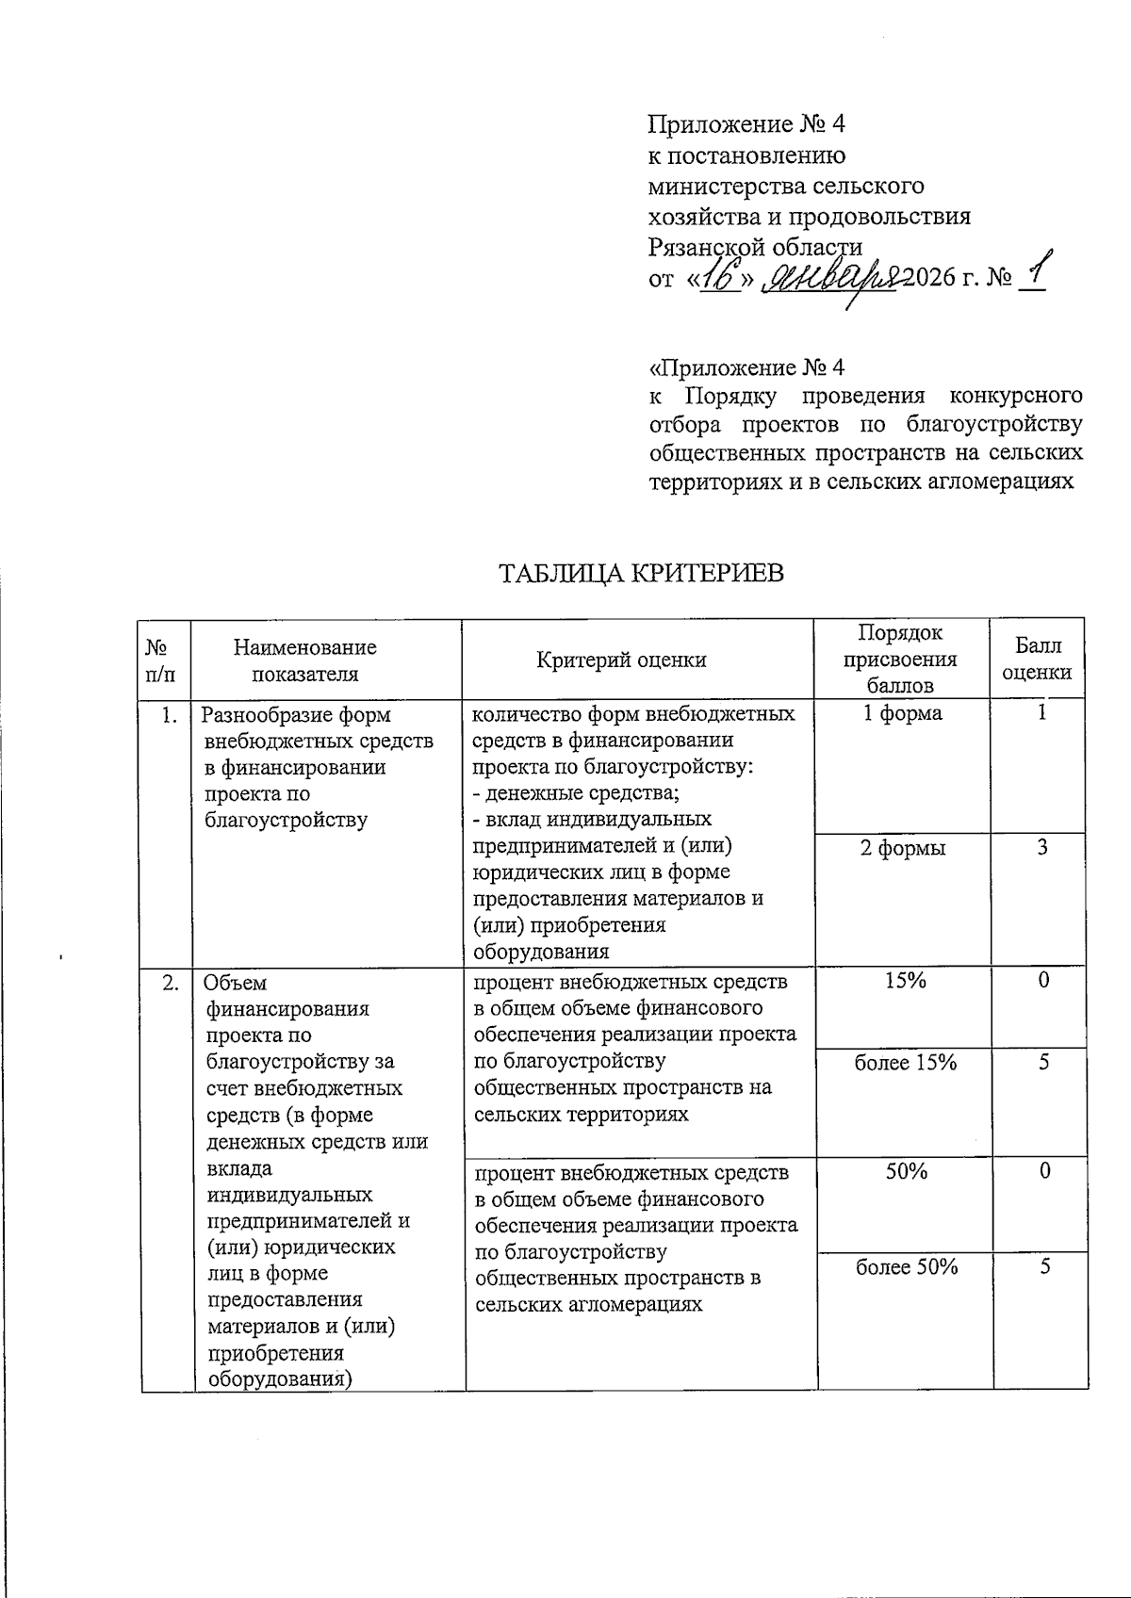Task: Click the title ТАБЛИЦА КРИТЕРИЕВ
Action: click(640, 573)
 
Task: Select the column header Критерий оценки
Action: click(621, 660)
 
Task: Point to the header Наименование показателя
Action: click(305, 660)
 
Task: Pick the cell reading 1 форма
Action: click(903, 713)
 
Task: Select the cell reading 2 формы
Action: click(902, 848)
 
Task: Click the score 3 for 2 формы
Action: click(1042, 847)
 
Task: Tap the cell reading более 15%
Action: click(906, 1062)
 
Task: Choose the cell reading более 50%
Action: click(906, 1266)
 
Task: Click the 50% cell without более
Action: click(904, 1171)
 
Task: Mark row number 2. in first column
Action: click(171, 983)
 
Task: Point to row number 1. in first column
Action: click(170, 715)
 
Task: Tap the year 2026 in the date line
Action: click(930, 279)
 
